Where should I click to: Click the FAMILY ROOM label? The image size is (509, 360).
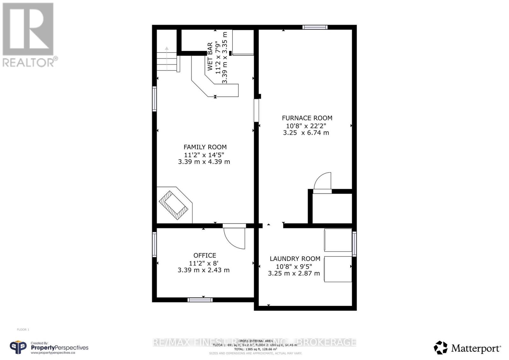coord(205,147)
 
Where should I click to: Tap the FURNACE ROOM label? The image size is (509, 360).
coord(307,118)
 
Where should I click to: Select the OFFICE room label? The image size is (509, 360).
coord(205,255)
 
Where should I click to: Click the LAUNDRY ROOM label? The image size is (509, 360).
coord(295,259)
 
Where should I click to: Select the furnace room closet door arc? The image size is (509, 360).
coord(323,181)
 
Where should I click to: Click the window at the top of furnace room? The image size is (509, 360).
coord(315,27)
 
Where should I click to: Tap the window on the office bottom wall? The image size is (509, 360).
coord(200,300)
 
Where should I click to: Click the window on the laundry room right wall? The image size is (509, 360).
coord(354,244)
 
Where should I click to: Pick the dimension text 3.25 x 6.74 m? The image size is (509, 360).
coord(306,133)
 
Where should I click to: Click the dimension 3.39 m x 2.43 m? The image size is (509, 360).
coord(204,270)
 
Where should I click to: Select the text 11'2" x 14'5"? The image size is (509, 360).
coord(204,155)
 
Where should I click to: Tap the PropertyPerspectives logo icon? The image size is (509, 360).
coord(18,347)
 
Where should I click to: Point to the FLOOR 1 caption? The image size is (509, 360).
coord(23,329)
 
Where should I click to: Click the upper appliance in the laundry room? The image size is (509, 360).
coord(338,240)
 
